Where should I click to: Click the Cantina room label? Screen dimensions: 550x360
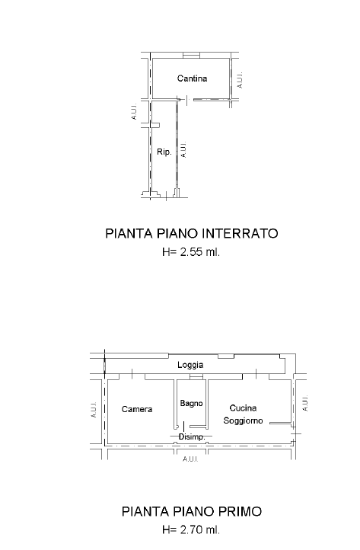click(x=192, y=78)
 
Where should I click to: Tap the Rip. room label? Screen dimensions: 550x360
click(x=164, y=152)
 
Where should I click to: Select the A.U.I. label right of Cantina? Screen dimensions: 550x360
click(x=240, y=79)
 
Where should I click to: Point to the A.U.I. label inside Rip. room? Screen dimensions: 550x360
click(x=183, y=148)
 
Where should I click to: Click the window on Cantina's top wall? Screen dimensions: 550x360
click(x=191, y=56)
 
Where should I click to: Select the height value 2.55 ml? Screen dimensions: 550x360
click(x=199, y=252)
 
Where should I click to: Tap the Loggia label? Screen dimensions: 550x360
click(x=190, y=366)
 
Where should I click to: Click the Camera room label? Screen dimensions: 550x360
click(x=137, y=409)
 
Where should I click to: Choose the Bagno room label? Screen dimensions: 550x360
click(x=191, y=403)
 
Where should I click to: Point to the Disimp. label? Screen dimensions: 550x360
click(x=190, y=436)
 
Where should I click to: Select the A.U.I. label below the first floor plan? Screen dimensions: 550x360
click(x=190, y=460)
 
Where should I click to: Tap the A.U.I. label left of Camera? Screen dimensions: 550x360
click(x=92, y=410)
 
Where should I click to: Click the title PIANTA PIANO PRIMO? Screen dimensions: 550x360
click(x=191, y=511)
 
